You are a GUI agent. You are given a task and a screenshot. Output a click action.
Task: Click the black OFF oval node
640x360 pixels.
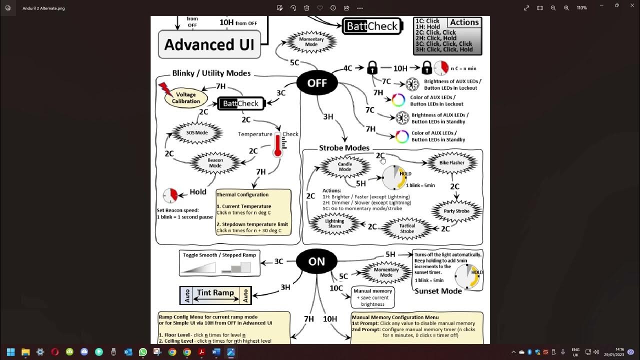[x=316, y=83]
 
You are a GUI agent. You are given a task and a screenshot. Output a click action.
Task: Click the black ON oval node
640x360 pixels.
[x=316, y=261]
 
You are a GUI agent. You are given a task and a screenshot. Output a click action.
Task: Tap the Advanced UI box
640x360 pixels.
[x=209, y=44]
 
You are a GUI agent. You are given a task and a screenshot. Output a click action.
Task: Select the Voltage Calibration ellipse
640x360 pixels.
[x=186, y=97]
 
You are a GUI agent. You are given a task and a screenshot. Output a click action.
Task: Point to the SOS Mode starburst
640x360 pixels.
[x=197, y=133]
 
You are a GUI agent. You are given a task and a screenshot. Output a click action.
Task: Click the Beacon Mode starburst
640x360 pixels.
[x=215, y=163]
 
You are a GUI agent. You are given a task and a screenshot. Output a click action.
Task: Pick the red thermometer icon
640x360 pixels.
[x=277, y=145]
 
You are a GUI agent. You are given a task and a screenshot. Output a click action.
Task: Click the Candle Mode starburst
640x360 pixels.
[x=345, y=166]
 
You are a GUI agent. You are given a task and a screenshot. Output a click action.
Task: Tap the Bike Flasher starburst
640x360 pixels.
[x=451, y=162]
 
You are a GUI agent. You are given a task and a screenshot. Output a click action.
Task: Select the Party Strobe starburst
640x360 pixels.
[x=456, y=211]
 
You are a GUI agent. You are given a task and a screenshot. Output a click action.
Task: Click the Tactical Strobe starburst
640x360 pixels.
[x=407, y=228]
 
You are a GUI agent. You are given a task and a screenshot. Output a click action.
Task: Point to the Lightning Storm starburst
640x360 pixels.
[x=334, y=223]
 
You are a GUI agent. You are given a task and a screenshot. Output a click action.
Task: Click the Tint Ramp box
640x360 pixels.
[x=215, y=295]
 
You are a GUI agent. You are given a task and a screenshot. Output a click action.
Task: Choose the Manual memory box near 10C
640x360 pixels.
[x=372, y=297]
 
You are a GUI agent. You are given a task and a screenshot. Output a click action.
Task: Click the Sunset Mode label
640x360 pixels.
[x=437, y=291]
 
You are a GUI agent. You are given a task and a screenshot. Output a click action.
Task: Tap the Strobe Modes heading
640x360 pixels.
[x=344, y=148]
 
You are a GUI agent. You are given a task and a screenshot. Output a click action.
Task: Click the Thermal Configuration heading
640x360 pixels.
[x=242, y=194]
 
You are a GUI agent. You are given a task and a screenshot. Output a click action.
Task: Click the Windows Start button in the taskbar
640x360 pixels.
[x=10, y=352]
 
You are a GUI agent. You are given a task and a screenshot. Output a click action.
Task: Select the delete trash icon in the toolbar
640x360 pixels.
[x=306, y=8]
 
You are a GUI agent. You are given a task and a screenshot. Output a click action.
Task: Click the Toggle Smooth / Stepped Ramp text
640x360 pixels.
[x=219, y=255]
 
